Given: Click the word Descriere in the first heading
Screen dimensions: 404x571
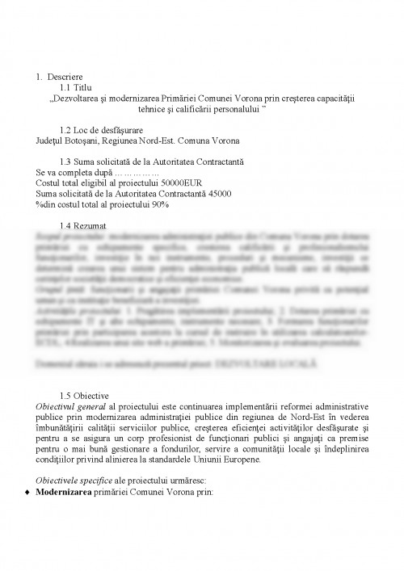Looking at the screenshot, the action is click(x=65, y=77).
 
